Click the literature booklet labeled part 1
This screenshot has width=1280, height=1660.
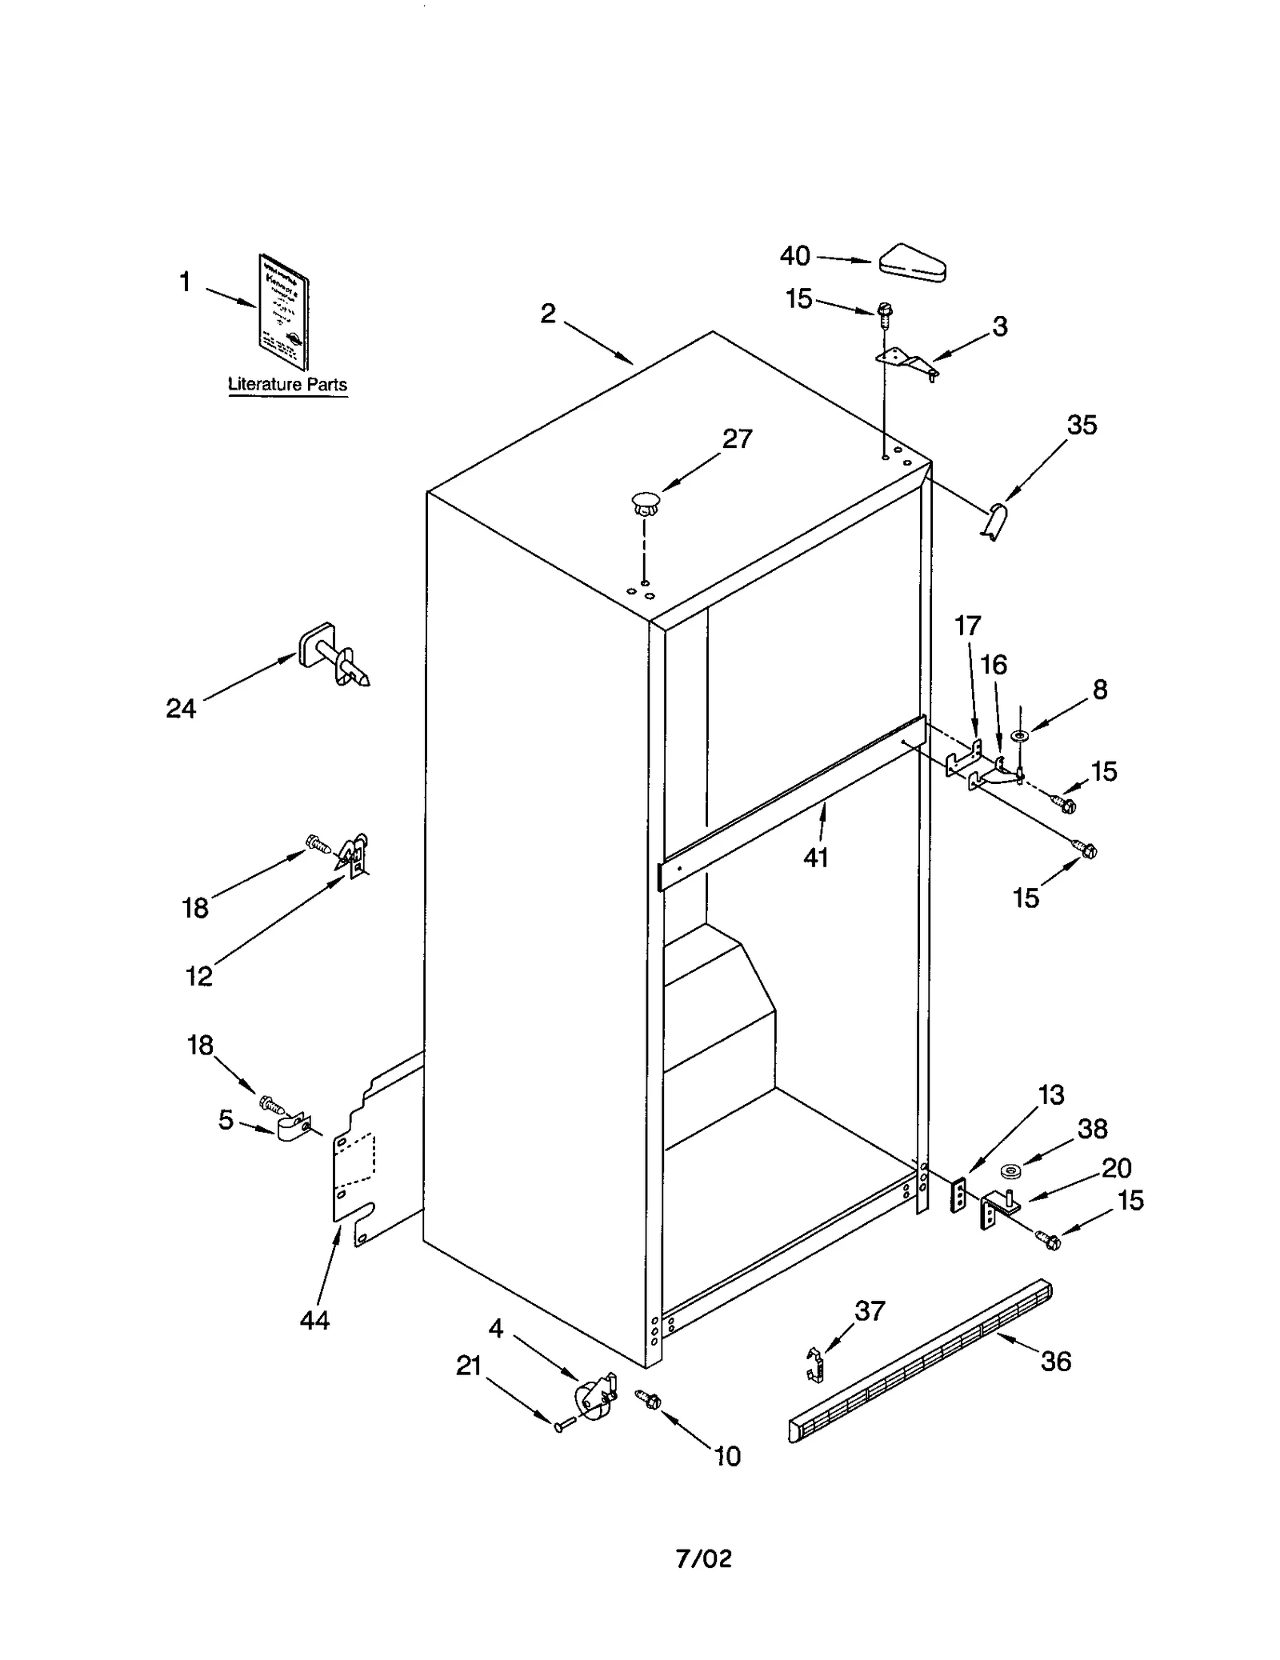284,312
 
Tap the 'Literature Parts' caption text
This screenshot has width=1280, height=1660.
287,385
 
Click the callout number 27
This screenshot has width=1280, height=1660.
737,438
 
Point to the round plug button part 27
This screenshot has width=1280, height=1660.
645,504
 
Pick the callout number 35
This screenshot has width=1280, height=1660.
1082,425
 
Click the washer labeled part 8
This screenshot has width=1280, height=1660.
1021,734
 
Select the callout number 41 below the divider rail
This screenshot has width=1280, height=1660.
815,858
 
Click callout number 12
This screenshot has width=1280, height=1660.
199,976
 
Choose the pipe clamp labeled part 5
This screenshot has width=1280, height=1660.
294,1129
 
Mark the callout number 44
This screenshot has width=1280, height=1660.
314,1321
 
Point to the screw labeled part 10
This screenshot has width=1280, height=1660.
648,1399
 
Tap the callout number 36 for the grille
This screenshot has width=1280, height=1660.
1055,1362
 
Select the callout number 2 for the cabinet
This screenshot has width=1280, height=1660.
547,314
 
